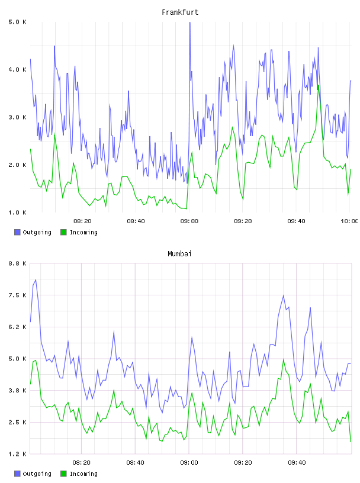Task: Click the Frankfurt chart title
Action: click(x=180, y=12)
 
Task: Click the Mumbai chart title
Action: click(x=179, y=254)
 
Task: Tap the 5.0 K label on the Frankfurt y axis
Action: click(x=18, y=22)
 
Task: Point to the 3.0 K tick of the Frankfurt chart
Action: click(x=18, y=117)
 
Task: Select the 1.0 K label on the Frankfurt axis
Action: click(x=18, y=212)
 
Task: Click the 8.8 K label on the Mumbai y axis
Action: click(x=18, y=263)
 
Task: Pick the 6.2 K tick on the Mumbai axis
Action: click(x=18, y=327)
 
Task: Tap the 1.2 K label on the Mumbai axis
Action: click(x=18, y=454)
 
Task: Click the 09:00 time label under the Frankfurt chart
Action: click(x=189, y=221)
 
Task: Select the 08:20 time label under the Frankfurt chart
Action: click(x=82, y=221)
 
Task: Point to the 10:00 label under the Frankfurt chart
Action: click(x=349, y=221)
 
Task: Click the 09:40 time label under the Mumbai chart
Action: click(x=297, y=463)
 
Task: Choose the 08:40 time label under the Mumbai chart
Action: click(x=136, y=463)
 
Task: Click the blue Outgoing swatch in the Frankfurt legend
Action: click(x=17, y=232)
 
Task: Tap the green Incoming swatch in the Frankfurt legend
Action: click(x=63, y=232)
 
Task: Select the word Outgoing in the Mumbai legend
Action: click(x=37, y=474)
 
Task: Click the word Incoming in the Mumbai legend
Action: click(x=83, y=474)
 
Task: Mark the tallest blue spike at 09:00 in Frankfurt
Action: click(x=190, y=22)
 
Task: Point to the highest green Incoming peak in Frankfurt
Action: click(x=319, y=86)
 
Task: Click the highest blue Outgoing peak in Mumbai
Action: click(x=36, y=280)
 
